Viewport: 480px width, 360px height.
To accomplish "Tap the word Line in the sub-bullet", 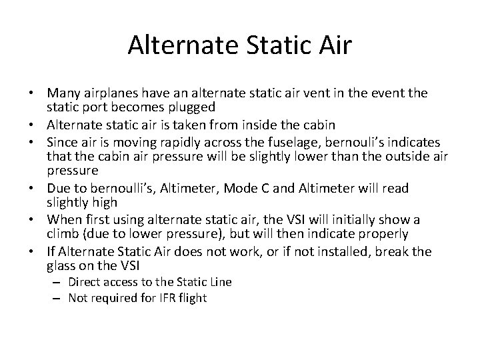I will [x=219, y=282].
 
